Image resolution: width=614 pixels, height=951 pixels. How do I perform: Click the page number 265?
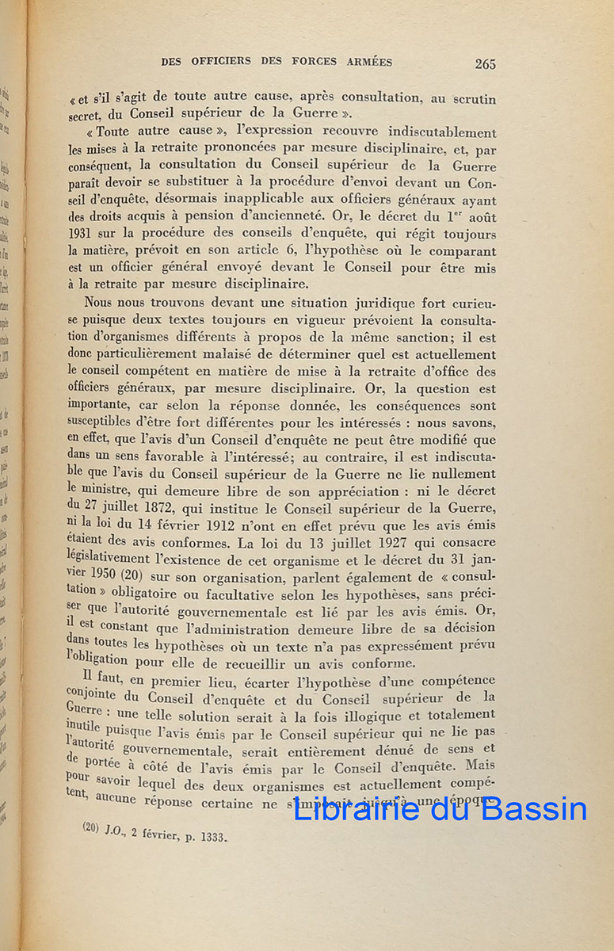point(485,63)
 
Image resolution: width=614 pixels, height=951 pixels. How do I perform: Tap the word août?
point(480,216)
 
